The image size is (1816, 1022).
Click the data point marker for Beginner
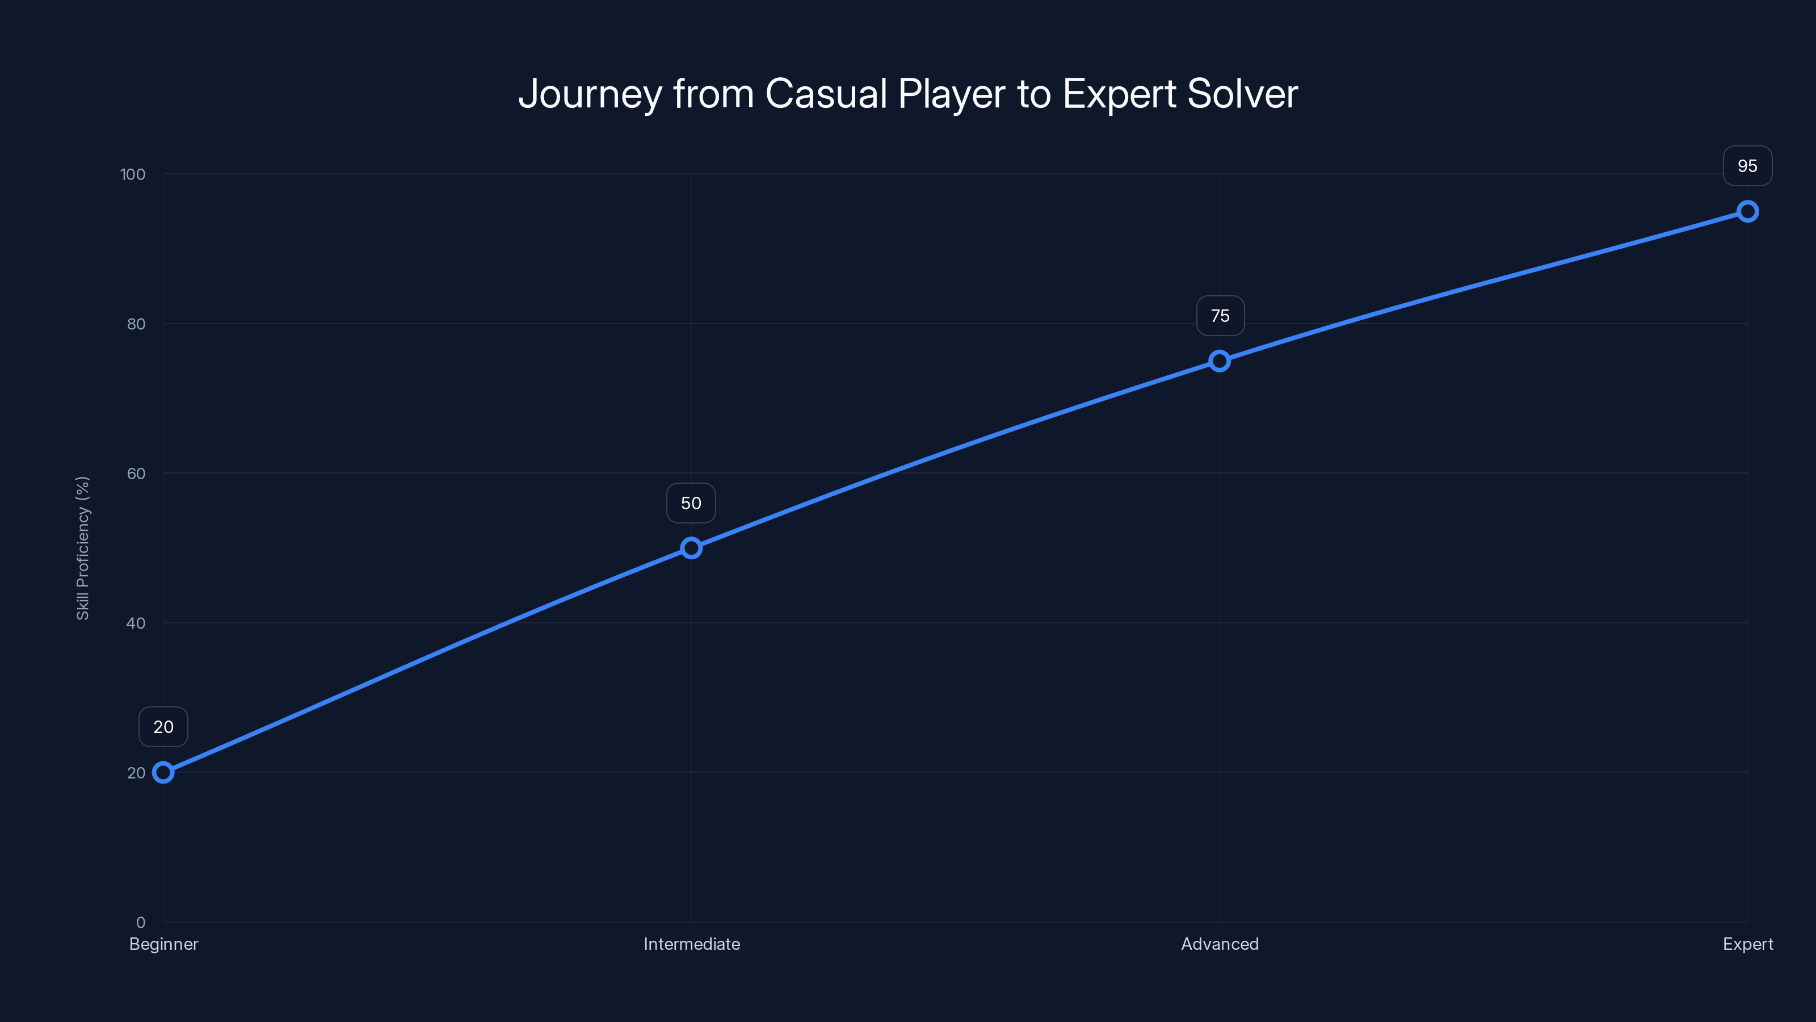click(163, 772)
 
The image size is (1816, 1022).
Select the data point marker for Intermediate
click(691, 548)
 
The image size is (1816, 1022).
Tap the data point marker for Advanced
click(1219, 361)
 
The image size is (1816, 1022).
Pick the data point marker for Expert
click(1747, 212)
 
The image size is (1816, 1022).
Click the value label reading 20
click(163, 727)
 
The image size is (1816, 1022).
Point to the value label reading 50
click(691, 503)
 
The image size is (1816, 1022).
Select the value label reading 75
click(1220, 316)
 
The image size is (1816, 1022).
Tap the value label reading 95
click(1747, 166)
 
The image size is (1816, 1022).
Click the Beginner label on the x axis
click(163, 944)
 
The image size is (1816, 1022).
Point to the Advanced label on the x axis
click(1220, 944)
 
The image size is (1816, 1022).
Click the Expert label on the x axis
click(1747, 944)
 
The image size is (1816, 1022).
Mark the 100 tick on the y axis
click(133, 174)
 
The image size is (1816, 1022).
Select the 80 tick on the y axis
click(136, 324)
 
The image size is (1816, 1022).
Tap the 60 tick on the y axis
click(136, 474)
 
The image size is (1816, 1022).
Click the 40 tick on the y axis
click(136, 623)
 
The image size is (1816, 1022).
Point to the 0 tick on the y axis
click(140, 922)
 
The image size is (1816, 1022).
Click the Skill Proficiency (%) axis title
click(82, 548)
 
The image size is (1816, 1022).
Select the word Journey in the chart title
click(590, 94)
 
